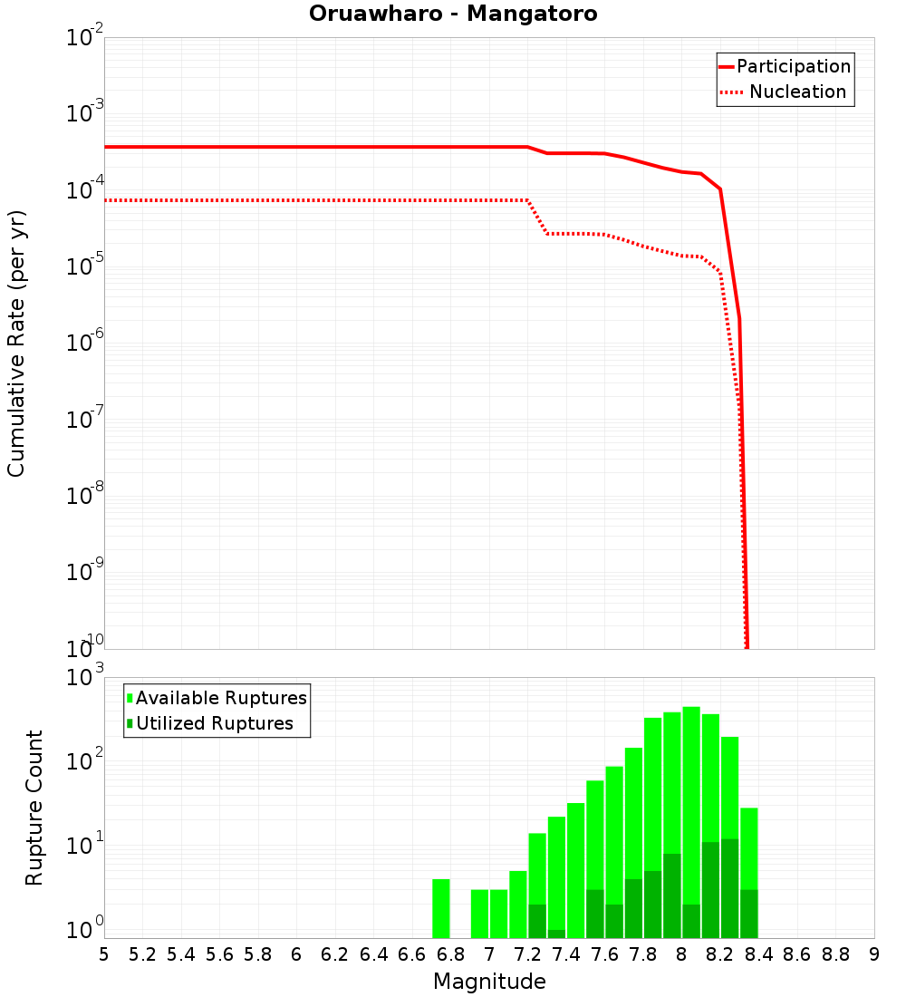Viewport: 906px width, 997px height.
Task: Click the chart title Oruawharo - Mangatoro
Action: [x=453, y=15]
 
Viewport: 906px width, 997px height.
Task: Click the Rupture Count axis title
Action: [x=34, y=808]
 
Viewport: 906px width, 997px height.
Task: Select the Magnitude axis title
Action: [x=489, y=982]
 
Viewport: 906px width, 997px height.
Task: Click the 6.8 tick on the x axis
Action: [x=450, y=954]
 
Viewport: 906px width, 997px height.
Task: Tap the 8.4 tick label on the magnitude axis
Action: [x=758, y=954]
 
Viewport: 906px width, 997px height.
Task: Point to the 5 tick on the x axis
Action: [x=104, y=954]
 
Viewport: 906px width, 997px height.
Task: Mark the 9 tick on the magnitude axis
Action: [x=874, y=954]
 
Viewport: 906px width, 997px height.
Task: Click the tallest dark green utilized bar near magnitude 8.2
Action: [x=729, y=888]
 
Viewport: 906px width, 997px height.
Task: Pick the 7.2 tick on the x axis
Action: [x=527, y=954]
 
